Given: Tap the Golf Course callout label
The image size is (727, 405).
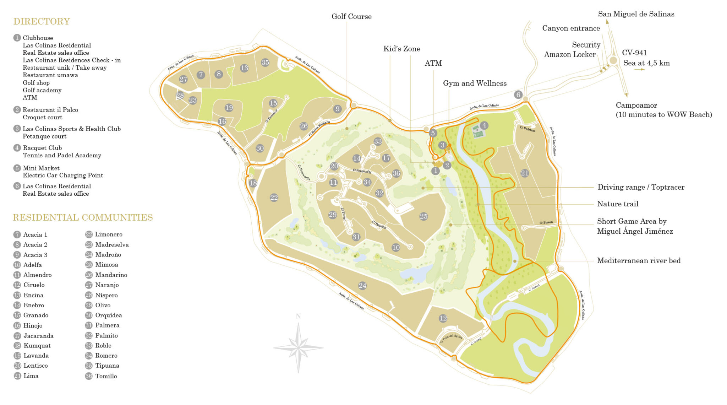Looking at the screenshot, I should pyautogui.click(x=351, y=17).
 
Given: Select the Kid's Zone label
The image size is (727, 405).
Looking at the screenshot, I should pyautogui.click(x=401, y=49).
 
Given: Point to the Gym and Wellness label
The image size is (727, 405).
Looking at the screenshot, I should pyautogui.click(x=475, y=83).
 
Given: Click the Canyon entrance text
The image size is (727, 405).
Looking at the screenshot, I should pyautogui.click(x=571, y=28).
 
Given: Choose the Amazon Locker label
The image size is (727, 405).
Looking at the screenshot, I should pyautogui.click(x=570, y=55).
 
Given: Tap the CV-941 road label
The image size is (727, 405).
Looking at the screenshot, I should pyautogui.click(x=634, y=53).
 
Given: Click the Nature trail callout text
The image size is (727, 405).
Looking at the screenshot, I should pyautogui.click(x=618, y=204).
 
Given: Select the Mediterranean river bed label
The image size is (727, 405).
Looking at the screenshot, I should pyautogui.click(x=639, y=261).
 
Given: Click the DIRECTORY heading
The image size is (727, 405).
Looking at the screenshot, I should pyautogui.click(x=42, y=22).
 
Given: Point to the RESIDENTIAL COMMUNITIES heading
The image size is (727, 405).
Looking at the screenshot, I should pyautogui.click(x=83, y=217).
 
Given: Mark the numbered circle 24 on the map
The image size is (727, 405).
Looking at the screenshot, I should pyautogui.click(x=362, y=286).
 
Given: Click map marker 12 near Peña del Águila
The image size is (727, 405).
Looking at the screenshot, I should pyautogui.click(x=443, y=318).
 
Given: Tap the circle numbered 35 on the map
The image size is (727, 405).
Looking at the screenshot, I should pyautogui.click(x=265, y=63).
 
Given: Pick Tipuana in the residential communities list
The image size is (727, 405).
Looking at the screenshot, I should pyautogui.click(x=107, y=366).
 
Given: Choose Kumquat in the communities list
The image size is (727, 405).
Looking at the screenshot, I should pyautogui.click(x=37, y=346).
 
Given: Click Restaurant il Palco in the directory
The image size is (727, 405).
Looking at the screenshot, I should pyautogui.click(x=50, y=110).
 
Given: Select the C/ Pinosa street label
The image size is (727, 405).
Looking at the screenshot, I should pyautogui.click(x=546, y=223).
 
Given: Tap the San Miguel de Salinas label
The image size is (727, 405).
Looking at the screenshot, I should pyautogui.click(x=636, y=14).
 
